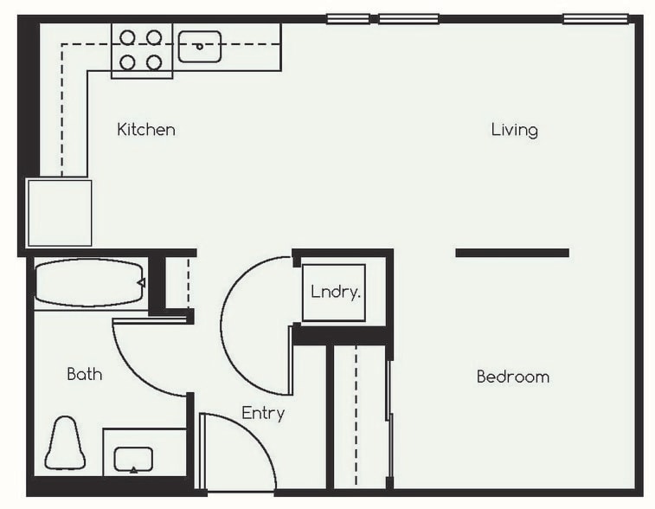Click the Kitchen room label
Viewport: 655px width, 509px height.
[x=146, y=130]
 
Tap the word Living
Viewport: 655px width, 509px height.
[x=514, y=130]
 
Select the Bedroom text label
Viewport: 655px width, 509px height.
[x=512, y=377]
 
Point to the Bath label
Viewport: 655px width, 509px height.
[x=84, y=374]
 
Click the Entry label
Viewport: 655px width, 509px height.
[x=263, y=413]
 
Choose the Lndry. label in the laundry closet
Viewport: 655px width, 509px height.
[x=335, y=293]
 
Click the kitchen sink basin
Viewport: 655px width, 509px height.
[x=200, y=47]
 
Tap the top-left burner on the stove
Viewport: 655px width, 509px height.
[x=127, y=37]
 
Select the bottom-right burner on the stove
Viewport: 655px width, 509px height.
[x=154, y=62]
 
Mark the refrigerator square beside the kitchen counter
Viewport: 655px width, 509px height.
[x=59, y=213]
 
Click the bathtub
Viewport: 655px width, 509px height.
[x=87, y=283]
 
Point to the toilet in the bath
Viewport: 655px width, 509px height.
[x=65, y=442]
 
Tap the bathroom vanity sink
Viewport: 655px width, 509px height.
[x=133, y=458]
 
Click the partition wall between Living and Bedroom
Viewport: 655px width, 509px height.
[x=511, y=253]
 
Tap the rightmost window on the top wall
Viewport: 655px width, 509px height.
[x=595, y=18]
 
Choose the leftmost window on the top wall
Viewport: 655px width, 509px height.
[x=348, y=18]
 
